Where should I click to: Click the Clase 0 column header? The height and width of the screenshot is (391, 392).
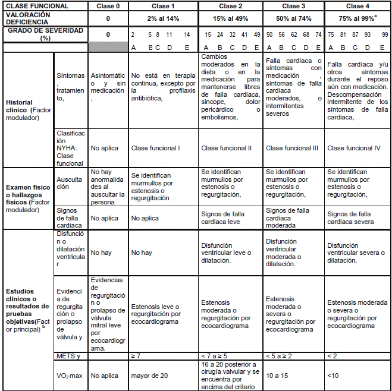(108, 5)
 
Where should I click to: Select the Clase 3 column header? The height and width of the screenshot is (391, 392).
(293, 5)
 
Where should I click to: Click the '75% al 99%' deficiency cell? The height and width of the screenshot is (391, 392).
(355, 18)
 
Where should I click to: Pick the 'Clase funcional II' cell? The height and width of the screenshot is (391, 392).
(225, 147)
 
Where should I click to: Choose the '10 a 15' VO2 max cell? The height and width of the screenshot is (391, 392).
(277, 376)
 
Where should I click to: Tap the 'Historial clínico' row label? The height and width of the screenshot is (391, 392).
(27, 109)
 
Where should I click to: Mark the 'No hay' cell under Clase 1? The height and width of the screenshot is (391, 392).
(141, 253)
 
